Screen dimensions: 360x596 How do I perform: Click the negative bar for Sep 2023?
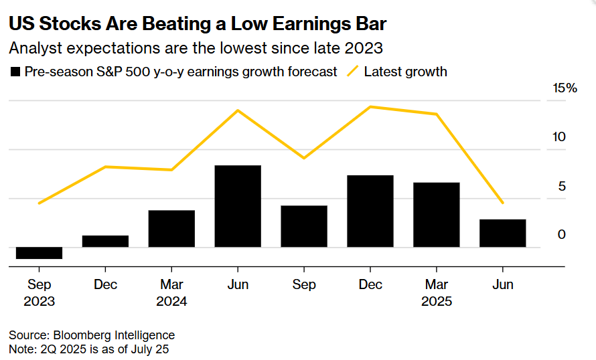click(x=40, y=253)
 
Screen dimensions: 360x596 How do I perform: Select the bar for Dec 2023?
click(x=106, y=242)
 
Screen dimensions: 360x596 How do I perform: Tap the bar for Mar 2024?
click(x=172, y=229)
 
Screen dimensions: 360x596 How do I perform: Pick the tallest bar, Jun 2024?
click(x=238, y=206)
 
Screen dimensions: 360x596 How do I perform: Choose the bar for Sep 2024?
click(x=304, y=226)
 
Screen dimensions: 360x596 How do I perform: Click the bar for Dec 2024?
click(x=370, y=211)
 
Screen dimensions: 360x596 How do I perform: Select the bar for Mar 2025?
click(x=437, y=215)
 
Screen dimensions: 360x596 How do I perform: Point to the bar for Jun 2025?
click(x=503, y=233)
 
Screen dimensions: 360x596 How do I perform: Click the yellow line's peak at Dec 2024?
click(x=370, y=106)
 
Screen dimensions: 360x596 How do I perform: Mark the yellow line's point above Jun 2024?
click(x=238, y=110)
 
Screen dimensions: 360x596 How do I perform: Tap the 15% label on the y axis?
click(x=564, y=88)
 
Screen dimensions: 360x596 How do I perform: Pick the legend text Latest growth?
click(x=405, y=72)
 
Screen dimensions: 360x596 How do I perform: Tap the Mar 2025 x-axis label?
click(x=437, y=293)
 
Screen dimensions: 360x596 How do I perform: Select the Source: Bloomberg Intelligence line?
click(x=92, y=335)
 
